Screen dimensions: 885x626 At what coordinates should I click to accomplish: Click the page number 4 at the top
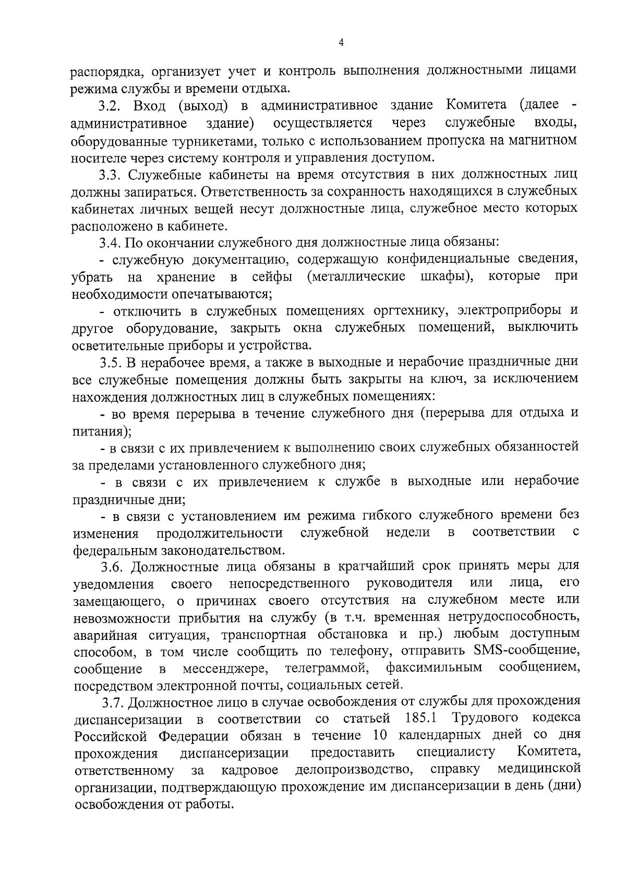point(341,43)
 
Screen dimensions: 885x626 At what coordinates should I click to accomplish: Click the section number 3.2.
point(110,106)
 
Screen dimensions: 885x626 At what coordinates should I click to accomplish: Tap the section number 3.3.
point(110,175)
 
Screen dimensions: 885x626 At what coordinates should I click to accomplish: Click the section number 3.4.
point(110,243)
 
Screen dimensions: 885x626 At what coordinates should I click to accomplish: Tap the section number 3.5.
point(110,361)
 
